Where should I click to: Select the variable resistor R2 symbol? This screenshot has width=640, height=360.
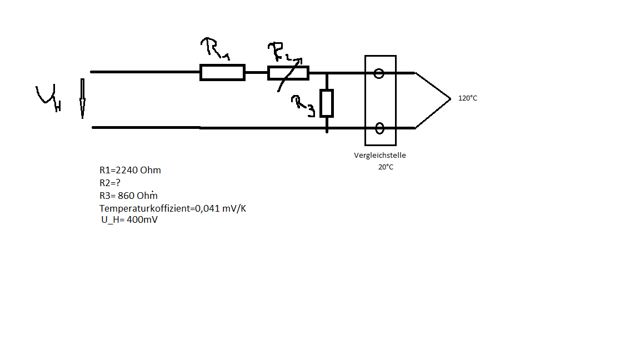pyautogui.click(x=288, y=73)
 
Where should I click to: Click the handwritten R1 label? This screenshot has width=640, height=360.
pyautogui.click(x=215, y=48)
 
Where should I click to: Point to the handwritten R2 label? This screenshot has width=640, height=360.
pyautogui.click(x=282, y=52)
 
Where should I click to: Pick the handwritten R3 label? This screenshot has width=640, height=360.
pyautogui.click(x=303, y=106)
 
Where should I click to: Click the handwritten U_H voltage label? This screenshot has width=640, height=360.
pyautogui.click(x=48, y=98)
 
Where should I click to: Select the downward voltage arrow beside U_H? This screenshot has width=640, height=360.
pyautogui.click(x=82, y=98)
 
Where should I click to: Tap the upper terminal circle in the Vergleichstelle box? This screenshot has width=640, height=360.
pyautogui.click(x=379, y=73)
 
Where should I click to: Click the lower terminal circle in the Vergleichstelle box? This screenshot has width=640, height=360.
pyautogui.click(x=379, y=128)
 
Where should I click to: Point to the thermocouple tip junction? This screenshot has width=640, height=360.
pyautogui.click(x=450, y=99)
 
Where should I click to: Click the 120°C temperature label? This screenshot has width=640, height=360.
pyautogui.click(x=468, y=98)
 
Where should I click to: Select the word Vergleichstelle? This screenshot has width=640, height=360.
pyautogui.click(x=380, y=155)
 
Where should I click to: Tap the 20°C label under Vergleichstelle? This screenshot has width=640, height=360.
pyautogui.click(x=386, y=167)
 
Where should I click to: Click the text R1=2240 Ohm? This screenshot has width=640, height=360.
pyautogui.click(x=130, y=170)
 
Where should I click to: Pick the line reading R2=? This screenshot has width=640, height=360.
pyautogui.click(x=110, y=183)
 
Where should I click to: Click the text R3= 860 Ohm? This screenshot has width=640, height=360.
pyautogui.click(x=128, y=196)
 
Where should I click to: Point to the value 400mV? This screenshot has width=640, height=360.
pyautogui.click(x=142, y=219)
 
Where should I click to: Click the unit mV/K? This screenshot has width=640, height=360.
pyautogui.click(x=234, y=208)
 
